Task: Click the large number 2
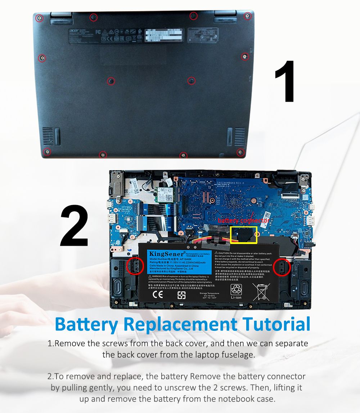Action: pyautogui.click(x=74, y=226)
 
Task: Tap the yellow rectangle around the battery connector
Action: pyautogui.click(x=243, y=235)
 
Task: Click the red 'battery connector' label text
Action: pyautogui.click(x=243, y=220)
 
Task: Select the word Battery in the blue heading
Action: pyautogui.click(x=86, y=325)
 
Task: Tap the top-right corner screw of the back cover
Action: pyautogui.click(x=247, y=15)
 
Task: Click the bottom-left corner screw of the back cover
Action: pyautogui.click(x=46, y=151)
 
